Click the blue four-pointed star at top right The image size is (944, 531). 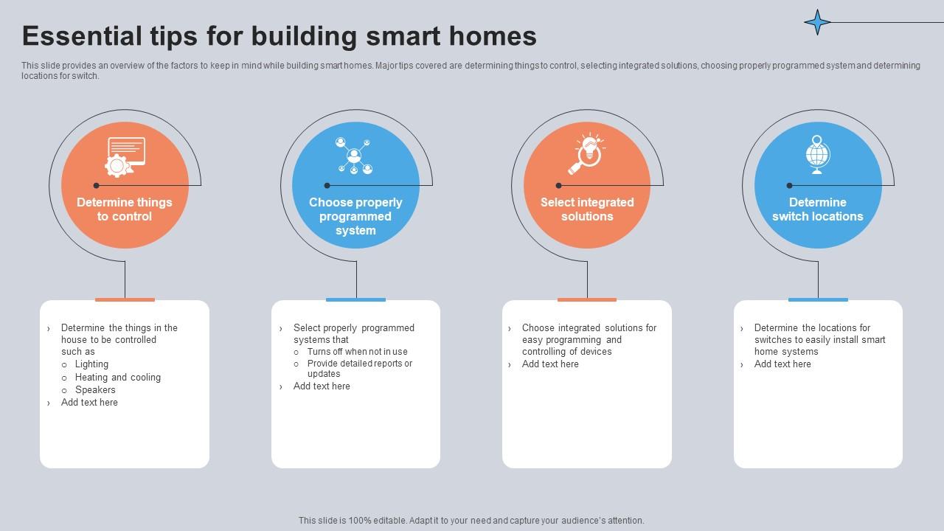point(817,22)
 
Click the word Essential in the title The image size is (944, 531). point(82,35)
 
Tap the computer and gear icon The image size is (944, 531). point(124,156)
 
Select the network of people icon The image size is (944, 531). point(354,156)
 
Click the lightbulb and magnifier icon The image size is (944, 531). point(589,153)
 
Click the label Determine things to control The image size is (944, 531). point(124,209)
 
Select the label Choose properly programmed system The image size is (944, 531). point(355,216)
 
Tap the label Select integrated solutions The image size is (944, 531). point(587,209)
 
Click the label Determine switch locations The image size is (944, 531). point(817,209)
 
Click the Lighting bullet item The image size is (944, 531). point(91,364)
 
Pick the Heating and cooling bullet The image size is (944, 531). point(117,378)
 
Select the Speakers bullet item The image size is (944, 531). point(95,390)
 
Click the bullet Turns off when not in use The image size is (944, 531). point(357,352)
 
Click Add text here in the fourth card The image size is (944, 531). point(782,364)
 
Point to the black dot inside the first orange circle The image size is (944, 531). point(96,185)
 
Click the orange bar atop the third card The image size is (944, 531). point(587,299)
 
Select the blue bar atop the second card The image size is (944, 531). point(355,299)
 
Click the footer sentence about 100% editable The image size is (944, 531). point(471,521)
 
